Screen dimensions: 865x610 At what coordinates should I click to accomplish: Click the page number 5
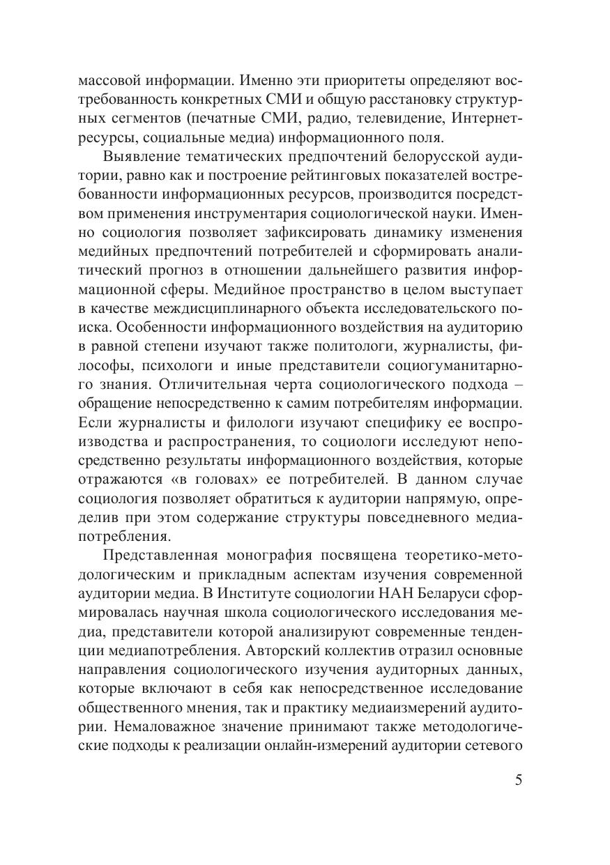coord(518,780)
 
